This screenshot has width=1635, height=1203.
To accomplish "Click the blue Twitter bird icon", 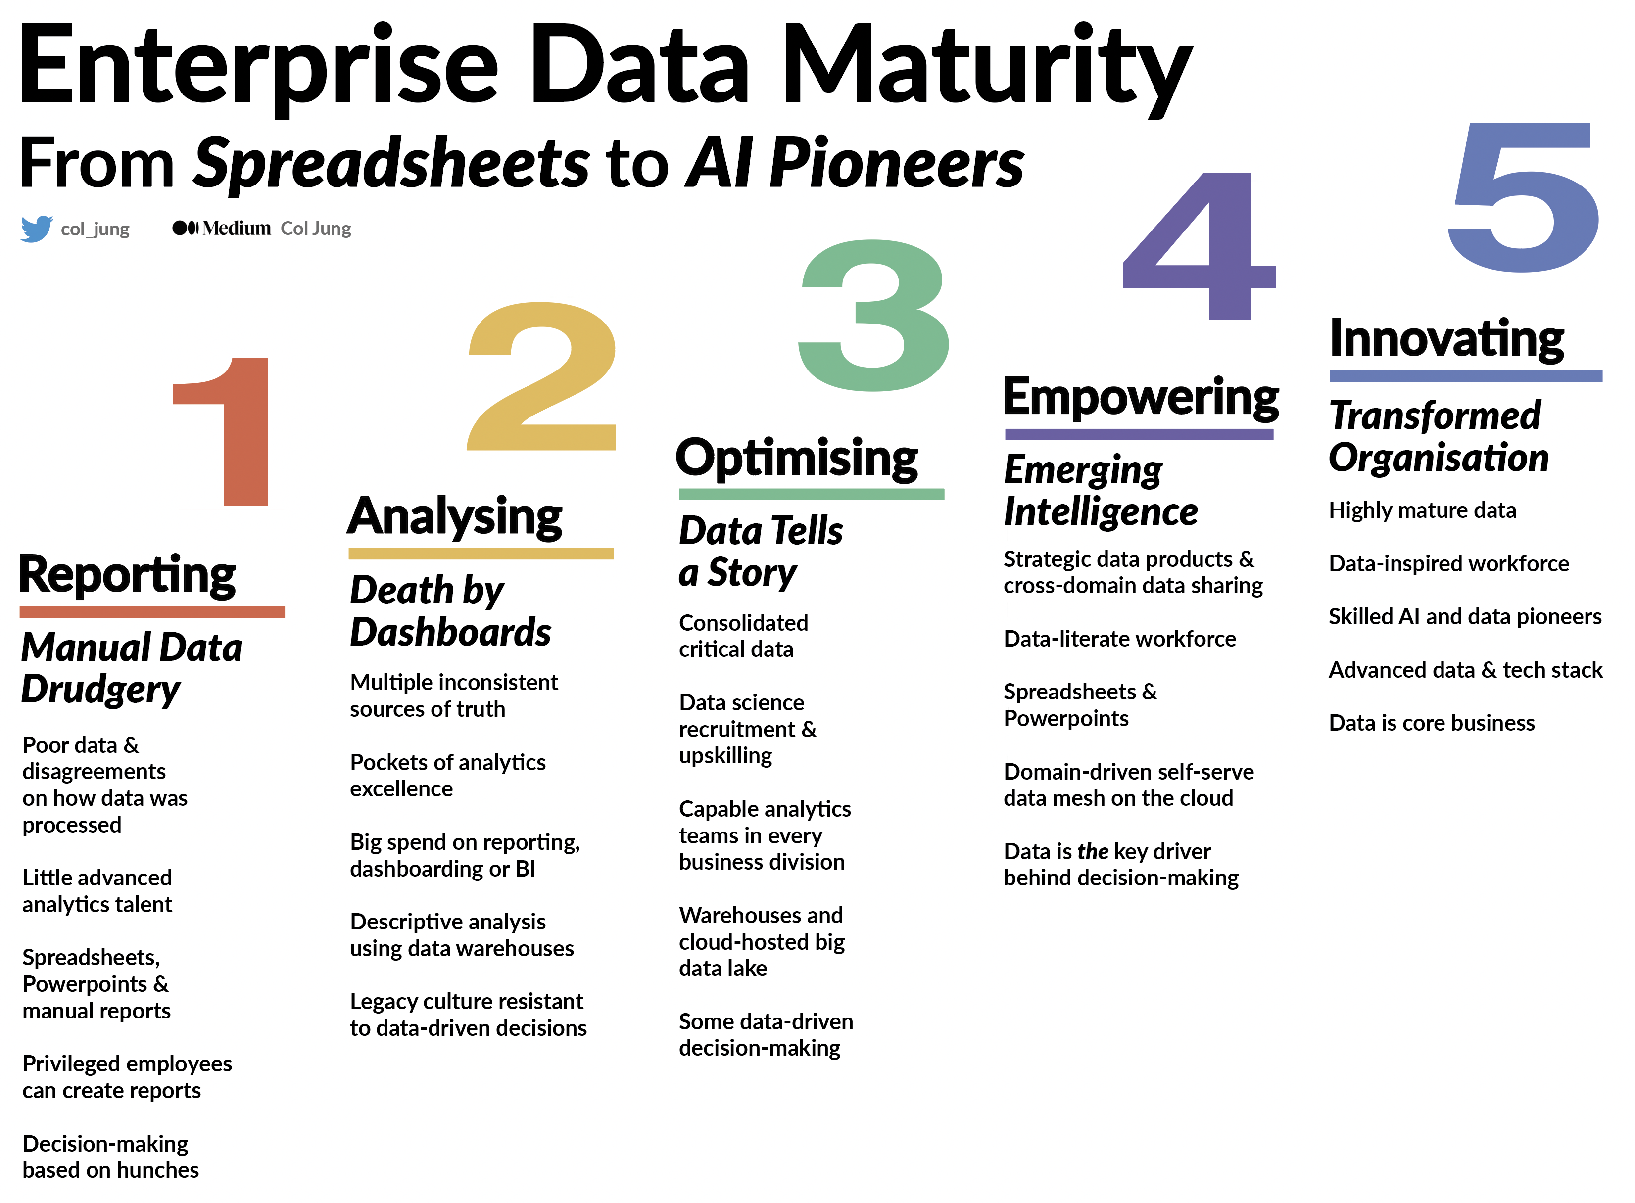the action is point(37,229).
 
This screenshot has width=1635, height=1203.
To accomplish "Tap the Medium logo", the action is point(221,229).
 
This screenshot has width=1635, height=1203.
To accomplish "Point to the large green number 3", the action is point(873,315).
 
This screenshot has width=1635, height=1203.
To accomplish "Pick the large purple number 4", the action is point(1200,246).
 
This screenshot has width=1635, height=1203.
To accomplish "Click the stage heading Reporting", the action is point(128,575).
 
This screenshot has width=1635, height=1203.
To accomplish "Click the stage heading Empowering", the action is point(1141,398).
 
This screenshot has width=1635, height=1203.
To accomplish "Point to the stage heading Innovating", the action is point(1447,339).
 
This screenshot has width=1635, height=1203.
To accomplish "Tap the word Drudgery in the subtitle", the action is point(100,690).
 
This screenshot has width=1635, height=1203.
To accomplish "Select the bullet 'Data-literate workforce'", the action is point(1119,639).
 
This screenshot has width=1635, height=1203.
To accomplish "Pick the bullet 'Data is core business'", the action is point(1432,723).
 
